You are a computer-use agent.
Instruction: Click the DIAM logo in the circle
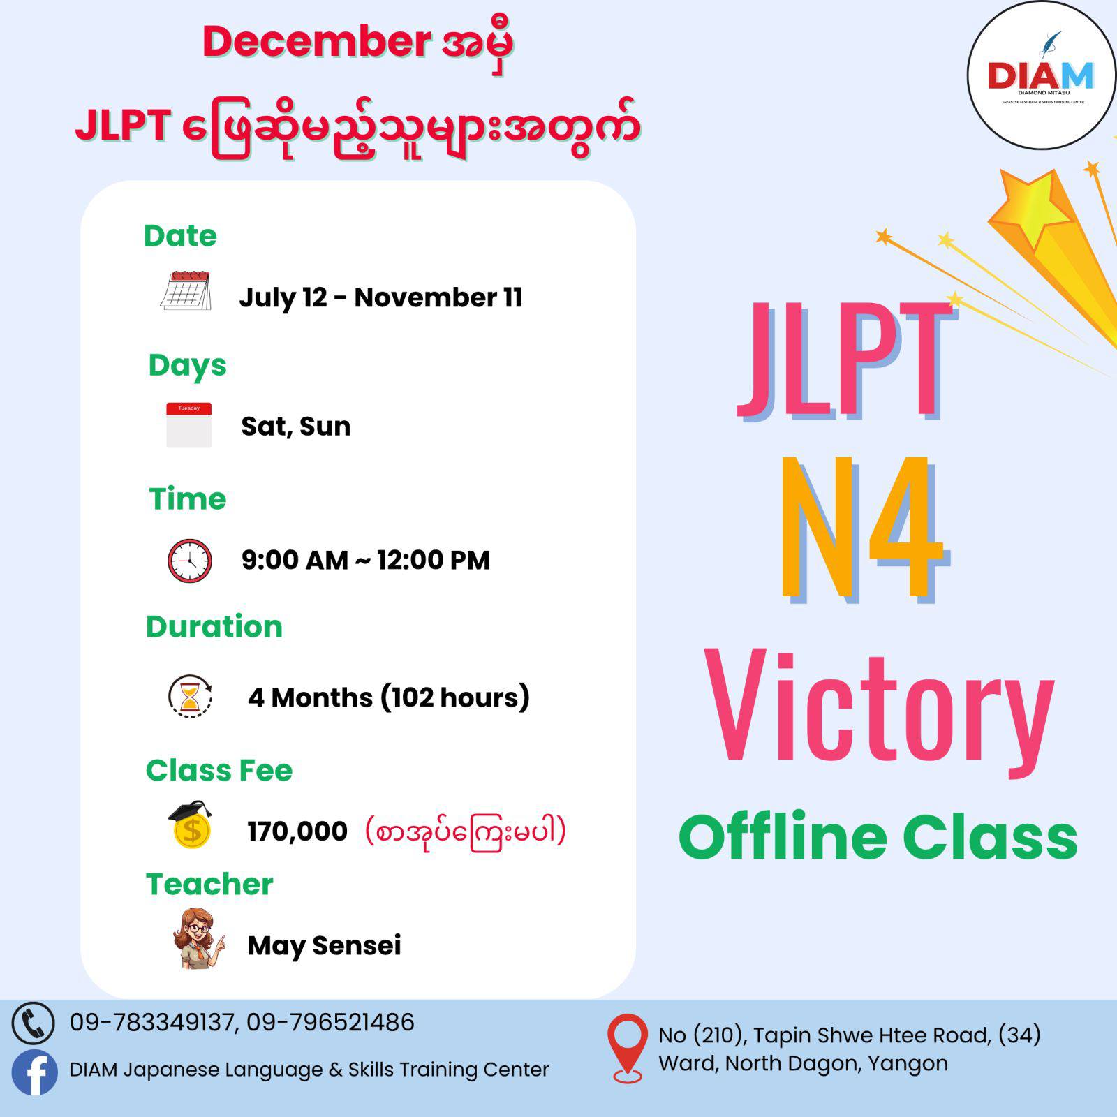point(1041,75)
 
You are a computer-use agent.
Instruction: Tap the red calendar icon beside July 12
point(186,290)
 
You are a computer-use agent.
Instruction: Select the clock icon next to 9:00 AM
point(189,561)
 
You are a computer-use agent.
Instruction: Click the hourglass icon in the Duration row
point(190,696)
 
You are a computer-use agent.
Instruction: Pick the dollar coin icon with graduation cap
point(191,824)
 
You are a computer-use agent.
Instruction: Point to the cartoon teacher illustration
point(199,938)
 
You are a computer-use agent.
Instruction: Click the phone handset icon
point(33,1023)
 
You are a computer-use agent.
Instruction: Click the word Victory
point(879,710)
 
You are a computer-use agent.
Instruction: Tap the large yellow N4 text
point(863,528)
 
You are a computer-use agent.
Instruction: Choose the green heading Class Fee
point(219,770)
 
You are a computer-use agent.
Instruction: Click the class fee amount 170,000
point(297,831)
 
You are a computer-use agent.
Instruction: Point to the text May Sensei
point(325,945)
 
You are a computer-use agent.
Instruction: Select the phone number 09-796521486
point(330,1022)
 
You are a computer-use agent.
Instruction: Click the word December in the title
point(316,41)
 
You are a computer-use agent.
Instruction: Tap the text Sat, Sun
point(296,426)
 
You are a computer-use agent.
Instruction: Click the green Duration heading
point(214,626)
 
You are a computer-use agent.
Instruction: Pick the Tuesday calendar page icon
point(188,425)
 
